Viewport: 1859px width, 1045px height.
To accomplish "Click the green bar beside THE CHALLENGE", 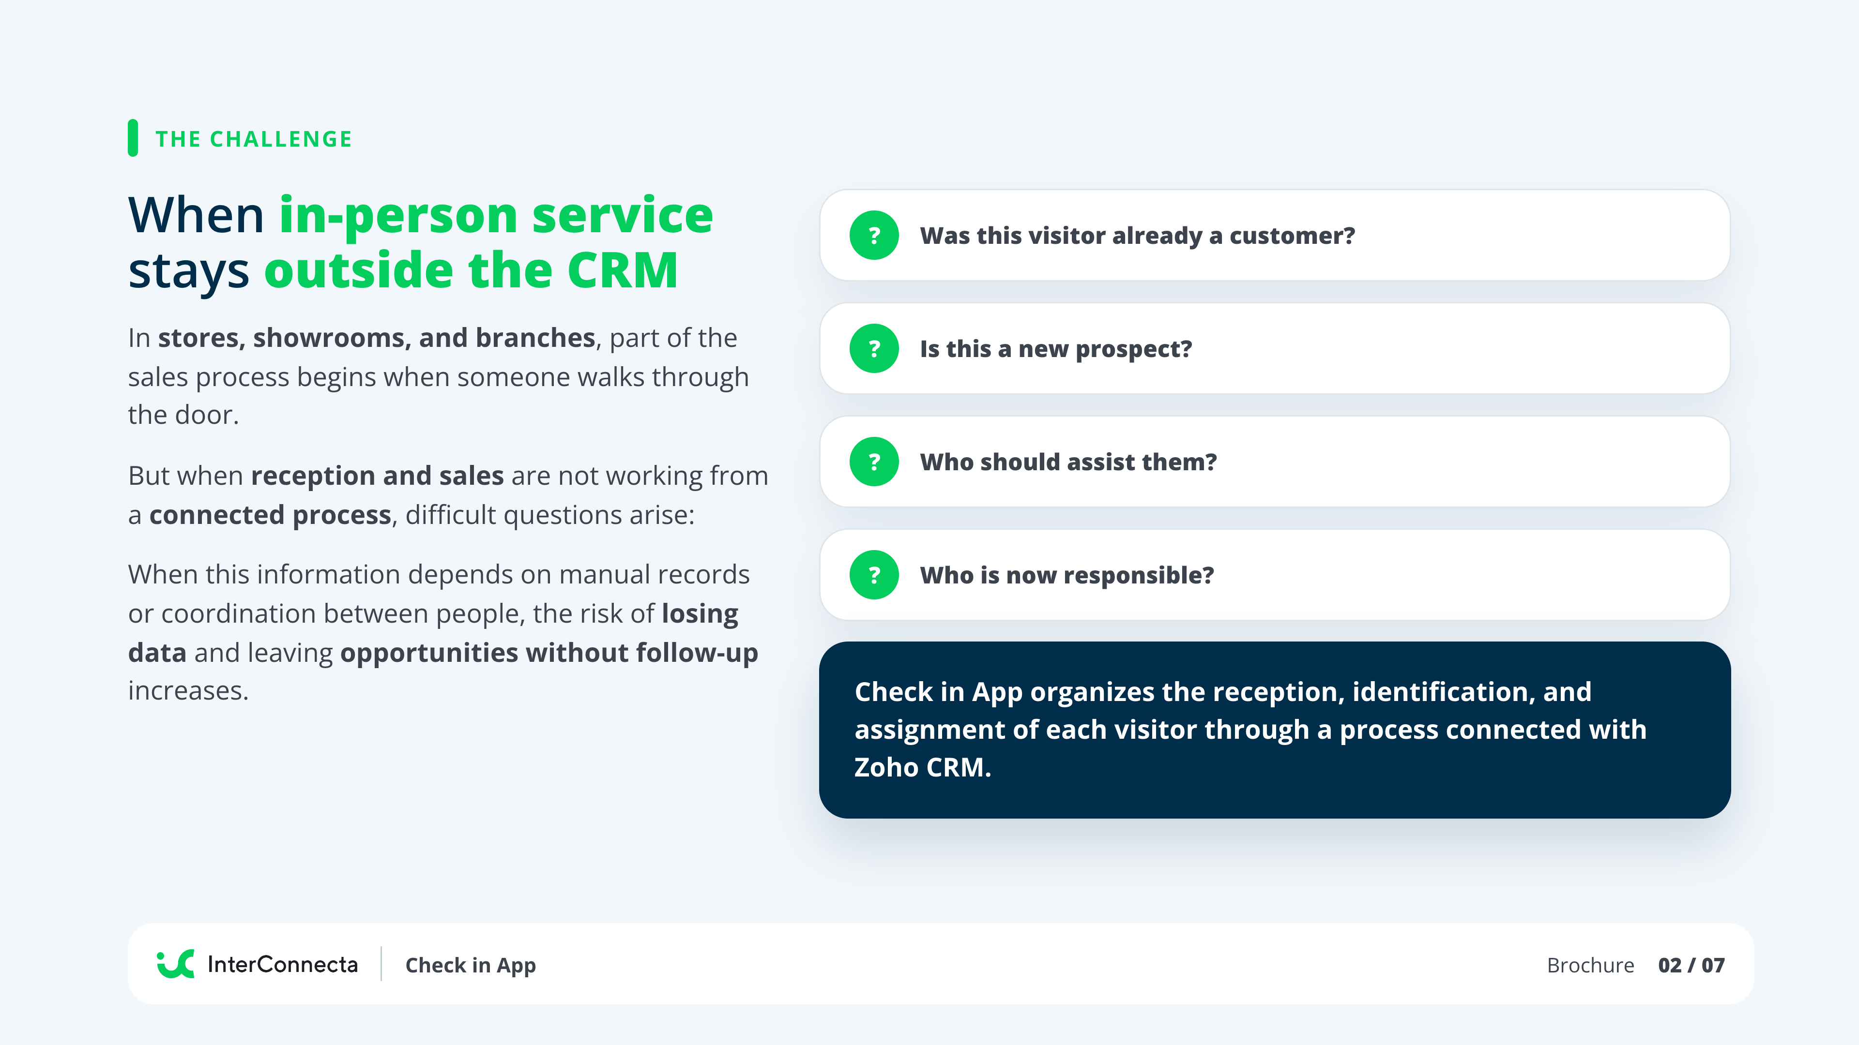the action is pos(133,138).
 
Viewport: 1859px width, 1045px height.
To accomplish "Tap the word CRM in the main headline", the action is pos(622,270).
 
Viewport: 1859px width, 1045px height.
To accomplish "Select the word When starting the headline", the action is pos(196,216).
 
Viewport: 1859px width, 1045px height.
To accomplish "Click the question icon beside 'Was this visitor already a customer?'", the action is pos(874,235).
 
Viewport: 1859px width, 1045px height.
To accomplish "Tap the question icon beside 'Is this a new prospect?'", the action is pos(874,348).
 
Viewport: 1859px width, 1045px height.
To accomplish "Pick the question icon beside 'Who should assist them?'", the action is pos(874,462).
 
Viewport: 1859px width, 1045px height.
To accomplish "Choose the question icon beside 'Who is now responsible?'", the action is pos(874,575).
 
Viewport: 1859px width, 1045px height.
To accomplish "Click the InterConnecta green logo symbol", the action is pos(175,964).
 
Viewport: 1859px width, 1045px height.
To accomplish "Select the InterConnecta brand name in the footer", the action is pos(282,964).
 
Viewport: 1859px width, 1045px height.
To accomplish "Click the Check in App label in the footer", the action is pos(471,966).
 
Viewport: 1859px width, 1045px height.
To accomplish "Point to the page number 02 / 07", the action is pos(1691,965).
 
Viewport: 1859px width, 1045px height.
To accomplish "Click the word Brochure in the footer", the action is pos(1590,965).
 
